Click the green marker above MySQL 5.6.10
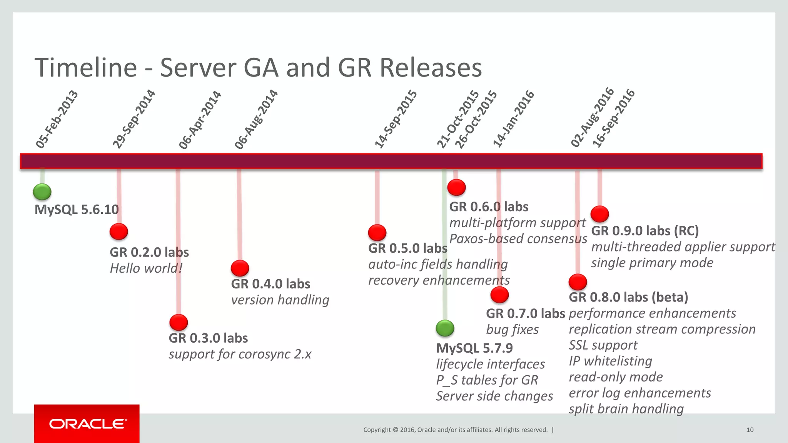click(x=42, y=192)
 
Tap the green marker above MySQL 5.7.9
click(x=445, y=328)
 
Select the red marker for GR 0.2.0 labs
click(x=119, y=231)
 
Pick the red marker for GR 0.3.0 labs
click(x=179, y=323)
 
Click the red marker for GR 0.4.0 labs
click(x=240, y=268)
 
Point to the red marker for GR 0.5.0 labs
click(x=377, y=233)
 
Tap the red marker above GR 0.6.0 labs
click(x=457, y=187)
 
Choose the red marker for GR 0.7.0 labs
click(x=499, y=295)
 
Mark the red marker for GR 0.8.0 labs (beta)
click(x=578, y=282)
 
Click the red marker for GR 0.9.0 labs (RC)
click(x=599, y=214)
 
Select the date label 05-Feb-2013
click(x=57, y=120)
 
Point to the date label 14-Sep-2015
click(x=396, y=119)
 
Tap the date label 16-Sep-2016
click(x=613, y=118)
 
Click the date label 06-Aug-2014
click(x=256, y=119)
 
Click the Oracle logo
click(x=87, y=424)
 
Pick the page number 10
click(x=750, y=430)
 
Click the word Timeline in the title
click(x=86, y=68)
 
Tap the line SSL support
click(x=603, y=345)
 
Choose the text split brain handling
click(x=626, y=409)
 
